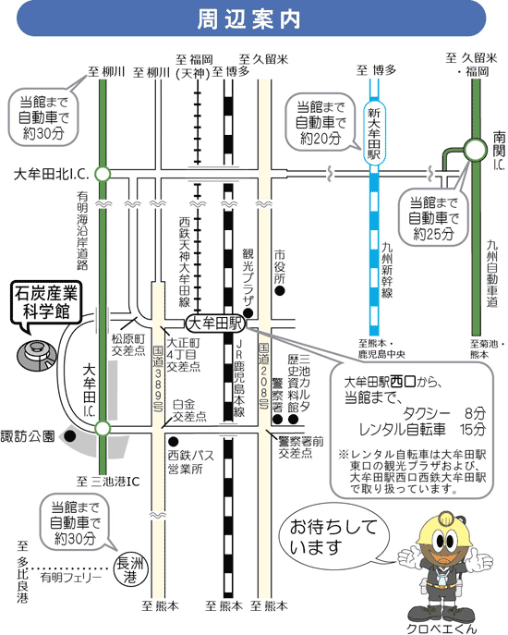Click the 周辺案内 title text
249,19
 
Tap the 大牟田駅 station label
216,324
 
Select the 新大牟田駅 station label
374,133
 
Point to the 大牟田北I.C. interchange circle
103,174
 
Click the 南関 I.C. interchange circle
476,150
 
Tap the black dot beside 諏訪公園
70,436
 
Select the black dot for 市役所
279,290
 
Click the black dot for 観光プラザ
248,312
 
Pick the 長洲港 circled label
131,570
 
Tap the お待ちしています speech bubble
334,537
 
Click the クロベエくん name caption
441,629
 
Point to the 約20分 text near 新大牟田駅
321,139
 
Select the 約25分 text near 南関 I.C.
433,234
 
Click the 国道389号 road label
158,378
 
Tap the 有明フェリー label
71,578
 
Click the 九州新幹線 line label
387,270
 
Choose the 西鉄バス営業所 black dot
174,441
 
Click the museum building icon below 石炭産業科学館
36,356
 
